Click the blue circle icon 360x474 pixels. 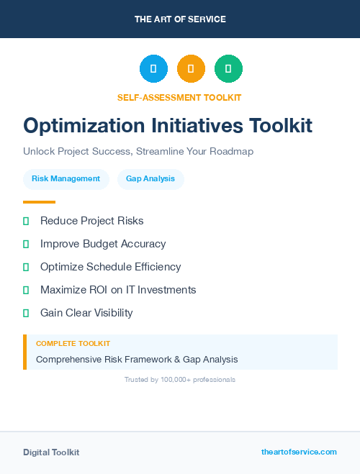153,69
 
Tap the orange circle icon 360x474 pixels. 191,69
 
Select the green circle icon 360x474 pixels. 228,69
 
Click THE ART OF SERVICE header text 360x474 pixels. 180,19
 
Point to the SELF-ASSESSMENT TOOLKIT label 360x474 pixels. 179,97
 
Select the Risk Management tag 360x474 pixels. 66,179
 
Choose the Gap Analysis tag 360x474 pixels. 150,179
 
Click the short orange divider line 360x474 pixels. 39,202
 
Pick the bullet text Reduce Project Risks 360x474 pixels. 91,221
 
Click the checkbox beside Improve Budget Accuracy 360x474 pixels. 26,245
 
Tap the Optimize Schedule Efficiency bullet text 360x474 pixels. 110,267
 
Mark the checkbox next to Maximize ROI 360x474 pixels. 26,290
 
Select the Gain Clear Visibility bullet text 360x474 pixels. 86,313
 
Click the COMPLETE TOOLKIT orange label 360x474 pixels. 73,344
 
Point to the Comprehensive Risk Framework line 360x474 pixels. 137,359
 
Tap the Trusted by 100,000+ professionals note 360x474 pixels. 180,379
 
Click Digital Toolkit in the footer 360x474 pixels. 51,452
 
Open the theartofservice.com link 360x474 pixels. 299,452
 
